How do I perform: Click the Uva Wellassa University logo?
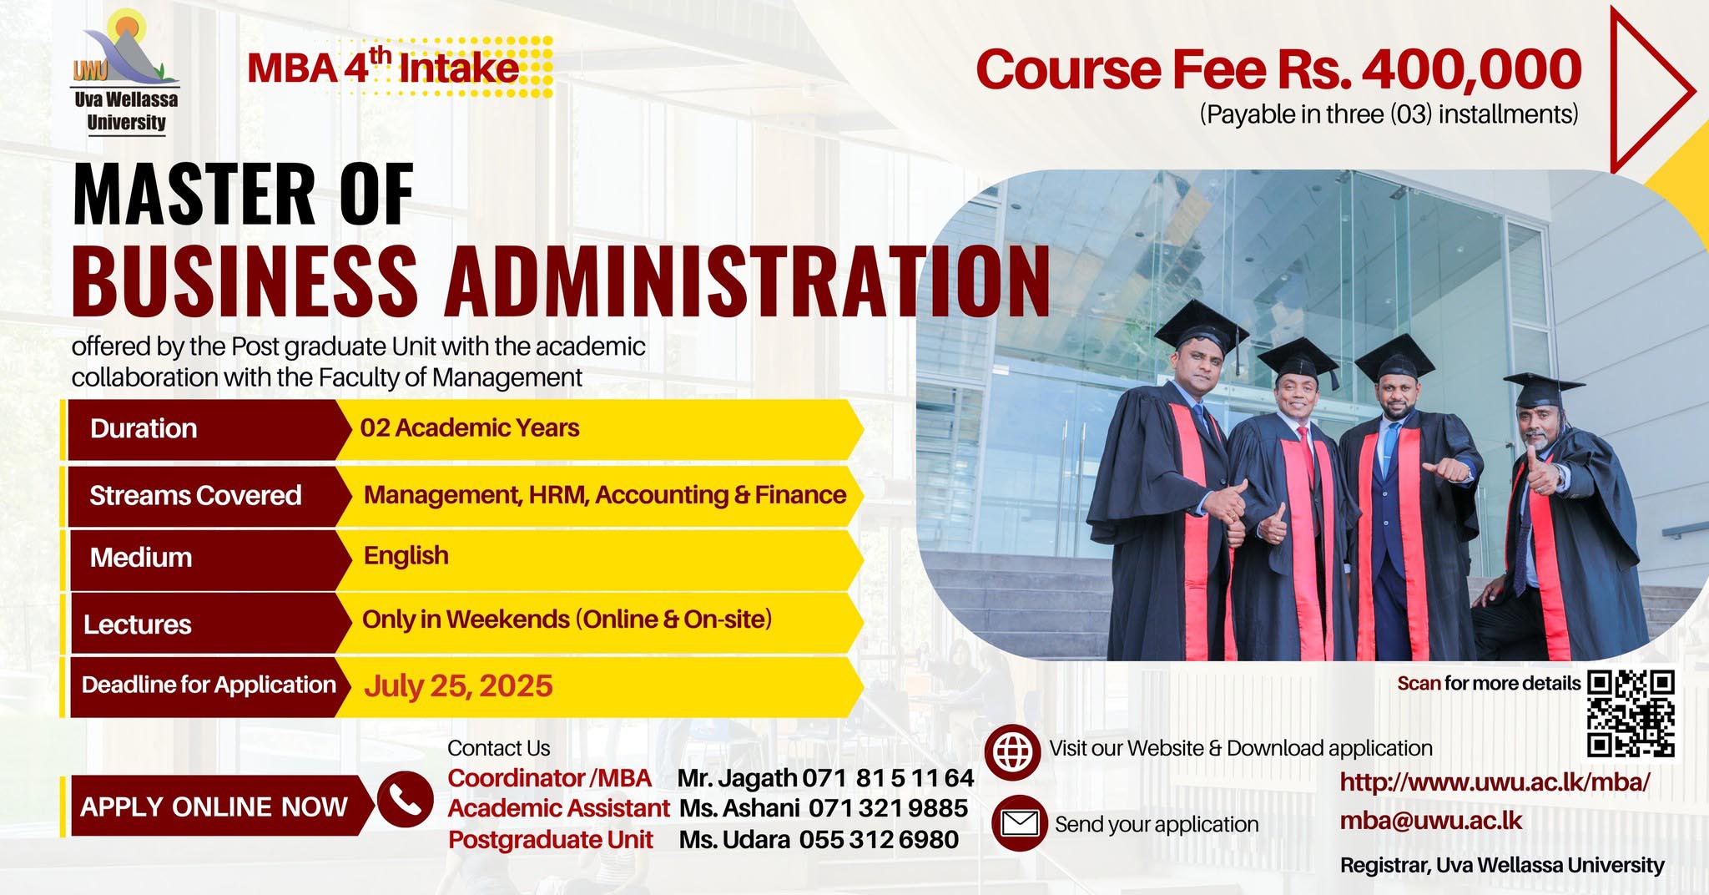pos(126,70)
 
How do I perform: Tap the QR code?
pos(1631,713)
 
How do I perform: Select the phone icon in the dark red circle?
pos(405,799)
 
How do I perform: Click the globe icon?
pos(1012,752)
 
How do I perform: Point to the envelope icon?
pos(1019,823)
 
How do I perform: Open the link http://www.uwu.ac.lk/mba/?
pos(1495,782)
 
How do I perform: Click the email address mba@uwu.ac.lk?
pos(1431,820)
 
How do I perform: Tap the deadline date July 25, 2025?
pos(458,686)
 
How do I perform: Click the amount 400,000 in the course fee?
pos(1473,69)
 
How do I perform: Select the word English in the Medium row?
pos(406,556)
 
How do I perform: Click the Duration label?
pos(144,428)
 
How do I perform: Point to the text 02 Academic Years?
pos(470,427)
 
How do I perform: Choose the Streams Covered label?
pos(195,495)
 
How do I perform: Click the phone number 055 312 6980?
pos(879,839)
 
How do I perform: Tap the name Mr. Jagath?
pos(737,778)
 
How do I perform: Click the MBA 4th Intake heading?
pos(383,67)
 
